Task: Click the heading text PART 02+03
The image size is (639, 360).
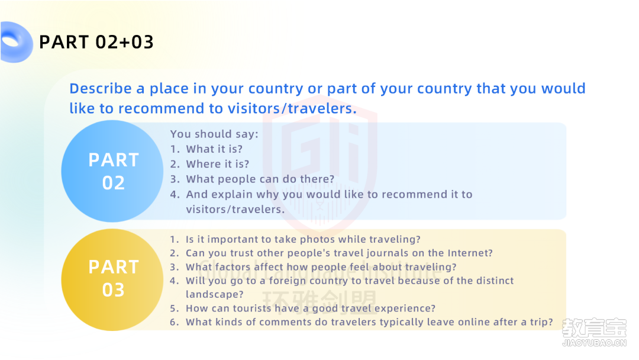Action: tap(96, 42)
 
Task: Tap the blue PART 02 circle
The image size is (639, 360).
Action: tap(112, 171)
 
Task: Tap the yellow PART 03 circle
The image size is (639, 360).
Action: tap(112, 279)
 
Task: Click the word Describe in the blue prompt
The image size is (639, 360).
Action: tap(101, 88)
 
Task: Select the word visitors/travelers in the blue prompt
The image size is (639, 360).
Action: tap(292, 108)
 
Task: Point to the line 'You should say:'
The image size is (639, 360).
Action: tap(214, 134)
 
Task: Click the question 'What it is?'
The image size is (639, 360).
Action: tap(214, 149)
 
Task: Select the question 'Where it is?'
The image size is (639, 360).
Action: tap(218, 164)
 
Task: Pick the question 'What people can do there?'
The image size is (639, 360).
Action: tap(260, 179)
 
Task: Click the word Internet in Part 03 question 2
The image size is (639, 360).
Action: tap(470, 253)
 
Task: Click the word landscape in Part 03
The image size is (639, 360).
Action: tap(214, 294)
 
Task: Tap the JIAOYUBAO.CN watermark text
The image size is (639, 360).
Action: tap(594, 343)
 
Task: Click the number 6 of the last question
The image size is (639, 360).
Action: tap(173, 322)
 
